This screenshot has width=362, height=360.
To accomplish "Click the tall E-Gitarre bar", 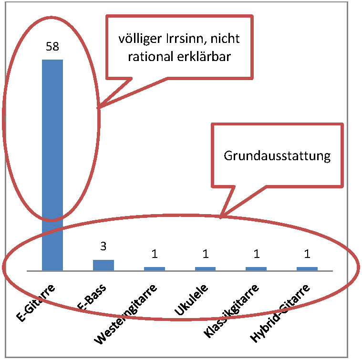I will [x=52, y=165].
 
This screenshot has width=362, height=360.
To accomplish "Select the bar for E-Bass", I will [x=103, y=265].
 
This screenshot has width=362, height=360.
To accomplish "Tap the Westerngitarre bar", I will [x=155, y=268].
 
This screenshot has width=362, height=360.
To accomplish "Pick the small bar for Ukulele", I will [x=206, y=268].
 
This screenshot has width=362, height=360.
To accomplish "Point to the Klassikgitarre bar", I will [x=256, y=268].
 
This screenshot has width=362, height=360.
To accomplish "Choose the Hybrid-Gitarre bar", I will [x=307, y=268].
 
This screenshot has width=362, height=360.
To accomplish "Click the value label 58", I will [x=52, y=47].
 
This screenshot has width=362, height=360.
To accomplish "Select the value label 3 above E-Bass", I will [x=103, y=247].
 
